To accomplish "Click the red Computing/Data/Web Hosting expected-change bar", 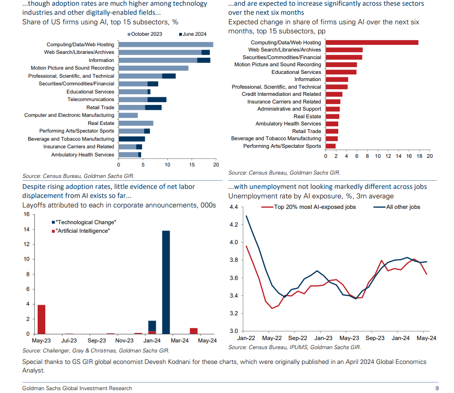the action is pyautogui.click(x=372, y=42).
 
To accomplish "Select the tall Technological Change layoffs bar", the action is pyautogui.click(x=166, y=282).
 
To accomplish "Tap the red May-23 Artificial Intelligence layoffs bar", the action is pyautogui.click(x=41, y=320).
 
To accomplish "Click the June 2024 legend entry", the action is pyautogui.click(x=193, y=34).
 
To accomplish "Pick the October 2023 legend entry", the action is pyautogui.click(x=145, y=34).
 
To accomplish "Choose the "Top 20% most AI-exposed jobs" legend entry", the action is pyautogui.click(x=308, y=207).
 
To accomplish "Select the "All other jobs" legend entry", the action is pyautogui.click(x=397, y=207).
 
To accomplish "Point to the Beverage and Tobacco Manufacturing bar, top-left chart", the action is pyautogui.click(x=132, y=139).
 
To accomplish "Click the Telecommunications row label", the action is pyautogui.click(x=91, y=99).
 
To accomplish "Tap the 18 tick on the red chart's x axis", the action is pyautogui.click(x=419, y=156).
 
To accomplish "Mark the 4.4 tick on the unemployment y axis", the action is pyautogui.click(x=233, y=207).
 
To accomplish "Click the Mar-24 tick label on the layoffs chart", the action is pyautogui.click(x=180, y=341).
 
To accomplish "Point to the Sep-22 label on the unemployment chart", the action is pyautogui.click(x=298, y=338).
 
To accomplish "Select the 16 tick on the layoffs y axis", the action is pyautogui.click(x=27, y=214).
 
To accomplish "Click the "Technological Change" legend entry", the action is pyautogui.click(x=84, y=222).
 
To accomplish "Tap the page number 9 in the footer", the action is pyautogui.click(x=437, y=388).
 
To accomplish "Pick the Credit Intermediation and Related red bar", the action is pyautogui.click(x=334, y=94).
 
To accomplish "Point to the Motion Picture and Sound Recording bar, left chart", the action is pyautogui.click(x=153, y=68).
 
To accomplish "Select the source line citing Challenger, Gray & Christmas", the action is pyautogui.click(x=96, y=351).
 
